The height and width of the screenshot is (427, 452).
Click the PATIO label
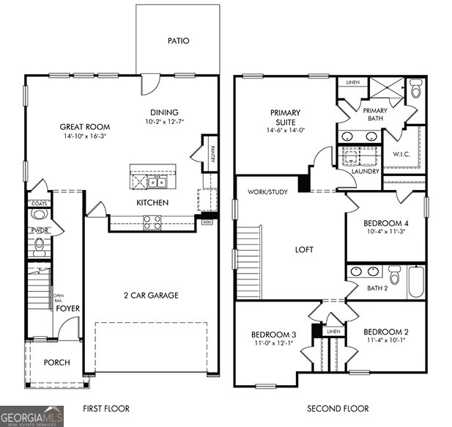coord(177,41)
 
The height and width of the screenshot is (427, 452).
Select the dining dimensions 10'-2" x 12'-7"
coord(165,122)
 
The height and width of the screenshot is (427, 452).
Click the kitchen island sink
coord(157,181)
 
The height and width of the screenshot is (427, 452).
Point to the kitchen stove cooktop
coord(152,222)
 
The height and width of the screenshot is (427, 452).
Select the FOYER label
coord(68,309)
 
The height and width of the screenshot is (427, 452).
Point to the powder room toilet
coord(40,216)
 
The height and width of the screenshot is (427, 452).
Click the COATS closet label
coord(38,203)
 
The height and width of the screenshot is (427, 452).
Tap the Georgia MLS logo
coord(33,416)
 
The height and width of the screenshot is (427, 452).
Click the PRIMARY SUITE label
coord(286,117)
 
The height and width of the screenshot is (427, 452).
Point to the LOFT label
coord(304,249)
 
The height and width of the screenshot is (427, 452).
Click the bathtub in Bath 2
coord(415,281)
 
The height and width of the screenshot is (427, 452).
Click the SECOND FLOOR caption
coord(337,409)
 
